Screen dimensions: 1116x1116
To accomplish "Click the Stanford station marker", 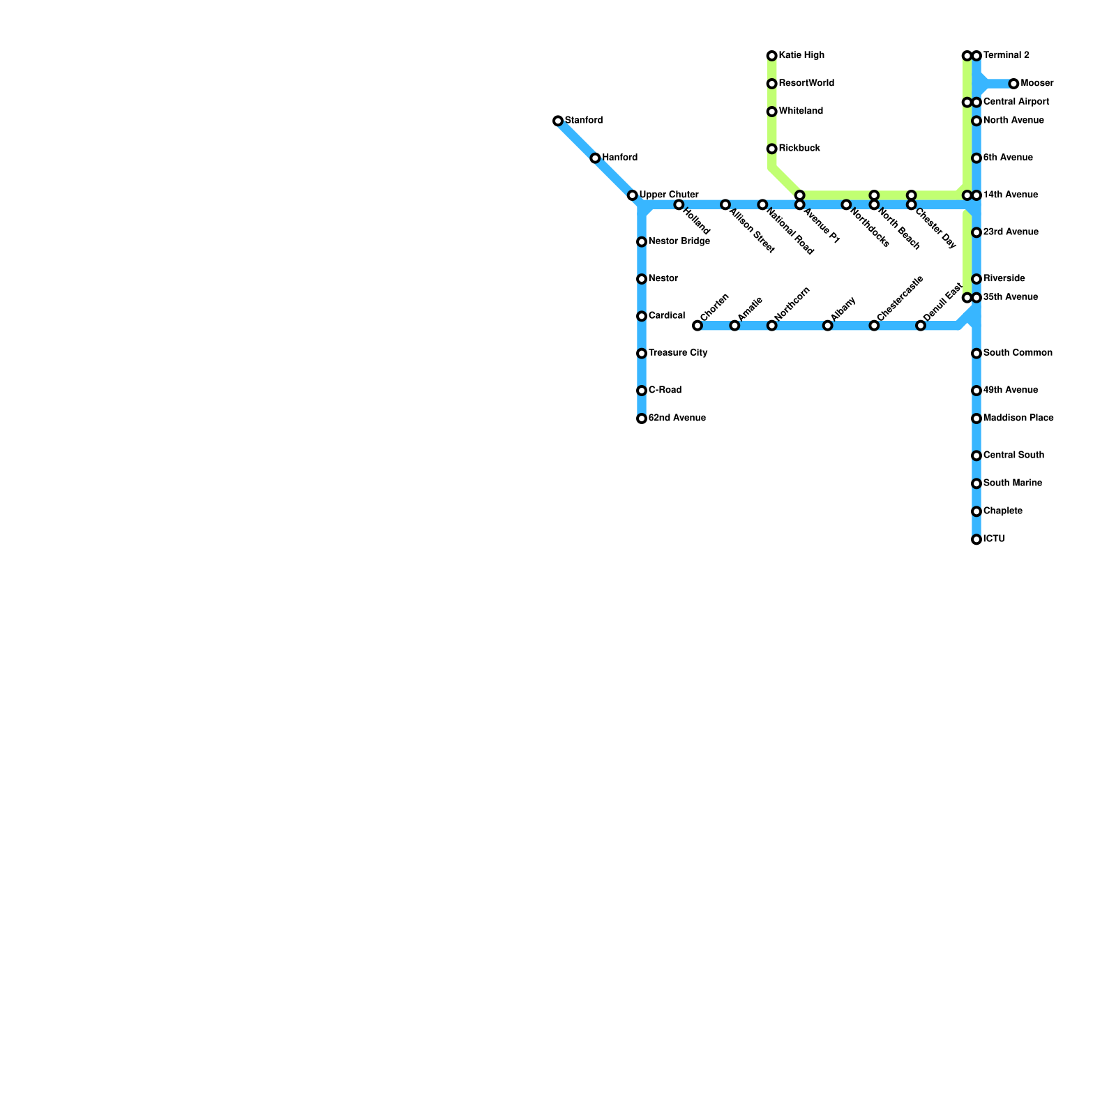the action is click(x=558, y=121).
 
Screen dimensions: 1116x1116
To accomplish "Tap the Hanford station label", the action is click(x=619, y=158).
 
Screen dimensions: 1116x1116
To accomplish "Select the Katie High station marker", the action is click(x=771, y=56).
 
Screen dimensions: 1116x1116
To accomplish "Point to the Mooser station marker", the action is click(x=1013, y=84).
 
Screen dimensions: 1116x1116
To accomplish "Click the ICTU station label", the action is click(x=994, y=539).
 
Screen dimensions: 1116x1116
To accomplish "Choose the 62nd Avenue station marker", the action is click(x=642, y=418).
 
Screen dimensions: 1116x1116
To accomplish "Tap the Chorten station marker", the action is click(x=697, y=326).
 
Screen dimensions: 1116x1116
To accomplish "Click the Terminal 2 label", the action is click(x=1006, y=55).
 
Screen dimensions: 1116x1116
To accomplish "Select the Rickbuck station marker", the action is click(x=771, y=149).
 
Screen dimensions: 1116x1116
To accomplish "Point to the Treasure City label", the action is click(x=677, y=353).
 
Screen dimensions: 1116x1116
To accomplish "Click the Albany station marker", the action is click(x=827, y=326).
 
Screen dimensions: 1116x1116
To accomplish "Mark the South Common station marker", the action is click(x=976, y=354).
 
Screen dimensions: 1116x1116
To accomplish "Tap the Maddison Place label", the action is click(x=1018, y=418).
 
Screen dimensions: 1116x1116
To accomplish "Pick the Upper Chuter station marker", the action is click(x=632, y=195).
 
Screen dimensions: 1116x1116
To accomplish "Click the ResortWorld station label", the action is click(x=806, y=83).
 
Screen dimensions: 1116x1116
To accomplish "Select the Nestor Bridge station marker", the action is click(x=642, y=242).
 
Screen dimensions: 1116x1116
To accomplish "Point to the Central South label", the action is click(x=1013, y=455).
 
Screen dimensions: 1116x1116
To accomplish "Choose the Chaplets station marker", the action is click(x=976, y=512).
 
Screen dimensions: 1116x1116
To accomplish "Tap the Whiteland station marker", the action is click(x=771, y=112).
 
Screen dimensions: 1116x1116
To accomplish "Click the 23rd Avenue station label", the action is click(x=1010, y=232).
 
